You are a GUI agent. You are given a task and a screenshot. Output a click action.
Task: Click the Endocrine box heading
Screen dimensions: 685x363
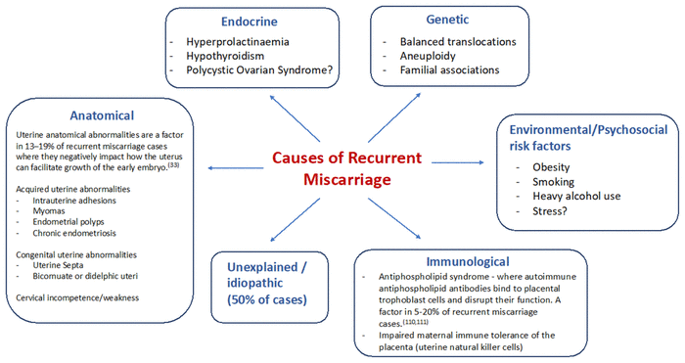click(249, 22)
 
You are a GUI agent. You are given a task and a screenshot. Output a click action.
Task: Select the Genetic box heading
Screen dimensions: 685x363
click(447, 20)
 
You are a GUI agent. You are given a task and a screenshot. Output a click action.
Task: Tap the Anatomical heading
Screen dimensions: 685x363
click(102, 115)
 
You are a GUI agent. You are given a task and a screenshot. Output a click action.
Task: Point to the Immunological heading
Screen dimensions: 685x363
click(468, 261)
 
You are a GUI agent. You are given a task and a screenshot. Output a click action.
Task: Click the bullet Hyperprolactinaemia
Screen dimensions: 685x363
click(238, 41)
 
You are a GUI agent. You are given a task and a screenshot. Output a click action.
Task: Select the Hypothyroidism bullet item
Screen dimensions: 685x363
click(225, 56)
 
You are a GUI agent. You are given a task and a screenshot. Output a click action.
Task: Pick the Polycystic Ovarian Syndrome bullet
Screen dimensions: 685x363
click(259, 69)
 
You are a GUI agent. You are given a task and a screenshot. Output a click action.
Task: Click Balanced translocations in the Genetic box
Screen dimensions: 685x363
click(458, 41)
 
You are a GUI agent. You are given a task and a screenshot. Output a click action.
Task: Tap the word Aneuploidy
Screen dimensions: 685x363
click(428, 56)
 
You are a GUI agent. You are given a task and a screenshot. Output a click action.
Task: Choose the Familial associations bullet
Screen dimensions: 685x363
click(449, 69)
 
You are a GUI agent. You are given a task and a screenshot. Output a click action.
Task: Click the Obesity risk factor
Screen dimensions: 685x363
click(551, 167)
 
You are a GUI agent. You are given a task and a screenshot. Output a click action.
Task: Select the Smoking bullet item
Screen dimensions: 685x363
click(553, 182)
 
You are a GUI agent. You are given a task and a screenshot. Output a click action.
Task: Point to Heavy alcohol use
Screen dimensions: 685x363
click(576, 196)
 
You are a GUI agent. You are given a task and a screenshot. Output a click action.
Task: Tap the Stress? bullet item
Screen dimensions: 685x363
click(550, 211)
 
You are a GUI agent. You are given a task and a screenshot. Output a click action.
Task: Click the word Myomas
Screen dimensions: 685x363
click(49, 211)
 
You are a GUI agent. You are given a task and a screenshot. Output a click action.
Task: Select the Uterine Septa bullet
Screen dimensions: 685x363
click(58, 265)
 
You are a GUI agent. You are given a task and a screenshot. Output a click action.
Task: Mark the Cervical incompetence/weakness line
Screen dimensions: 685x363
click(77, 297)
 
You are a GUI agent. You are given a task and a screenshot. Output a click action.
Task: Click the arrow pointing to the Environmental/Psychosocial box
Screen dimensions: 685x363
click(457, 162)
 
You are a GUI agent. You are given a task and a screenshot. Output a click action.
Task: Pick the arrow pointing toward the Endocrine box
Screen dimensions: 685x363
click(295, 118)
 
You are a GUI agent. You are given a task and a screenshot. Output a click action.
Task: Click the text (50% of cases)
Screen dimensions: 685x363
click(267, 299)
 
